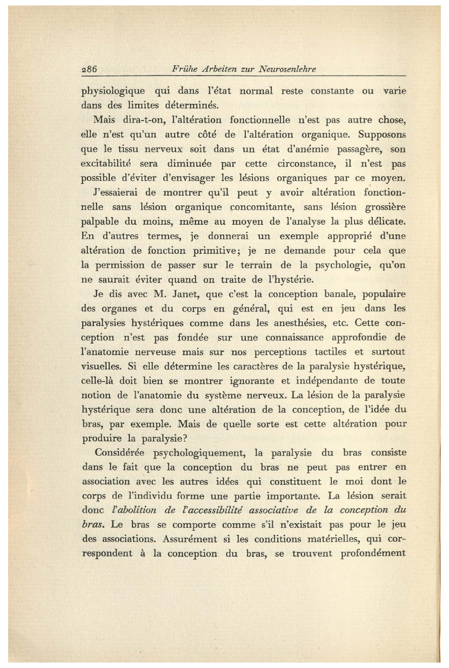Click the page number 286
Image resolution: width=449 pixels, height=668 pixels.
(89, 69)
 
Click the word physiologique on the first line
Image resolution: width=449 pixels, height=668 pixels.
(113, 92)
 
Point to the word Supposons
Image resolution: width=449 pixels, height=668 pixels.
(382, 135)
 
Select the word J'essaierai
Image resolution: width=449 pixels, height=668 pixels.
(115, 193)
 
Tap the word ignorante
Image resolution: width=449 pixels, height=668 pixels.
(253, 381)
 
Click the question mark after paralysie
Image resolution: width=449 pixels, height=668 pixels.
(185, 439)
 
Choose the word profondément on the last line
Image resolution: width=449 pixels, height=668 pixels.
(373, 553)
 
